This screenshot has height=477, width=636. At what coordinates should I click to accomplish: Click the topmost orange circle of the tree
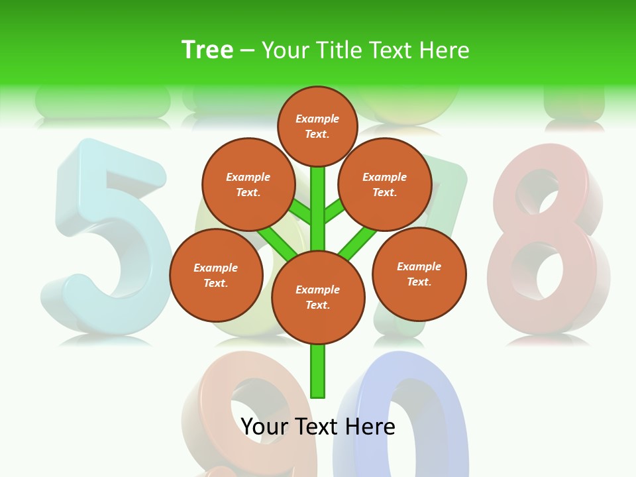coord(317,126)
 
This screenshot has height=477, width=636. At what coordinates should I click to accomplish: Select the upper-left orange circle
coord(248,184)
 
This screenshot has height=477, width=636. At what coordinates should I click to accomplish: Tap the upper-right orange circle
coord(385,184)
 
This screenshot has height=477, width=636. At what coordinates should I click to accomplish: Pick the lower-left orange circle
coord(216,275)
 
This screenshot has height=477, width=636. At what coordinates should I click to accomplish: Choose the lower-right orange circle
coord(419,274)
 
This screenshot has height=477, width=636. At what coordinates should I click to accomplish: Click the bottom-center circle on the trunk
coord(318,297)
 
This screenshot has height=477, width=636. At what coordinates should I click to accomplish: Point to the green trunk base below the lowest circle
coord(318,371)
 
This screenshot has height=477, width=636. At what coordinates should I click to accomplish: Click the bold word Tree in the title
coord(207,50)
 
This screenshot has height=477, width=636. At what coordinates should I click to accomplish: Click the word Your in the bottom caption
coord(264,426)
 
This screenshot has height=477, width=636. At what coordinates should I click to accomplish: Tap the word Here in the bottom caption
coord(369,426)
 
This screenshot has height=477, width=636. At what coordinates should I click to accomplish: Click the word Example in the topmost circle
coord(317,119)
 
